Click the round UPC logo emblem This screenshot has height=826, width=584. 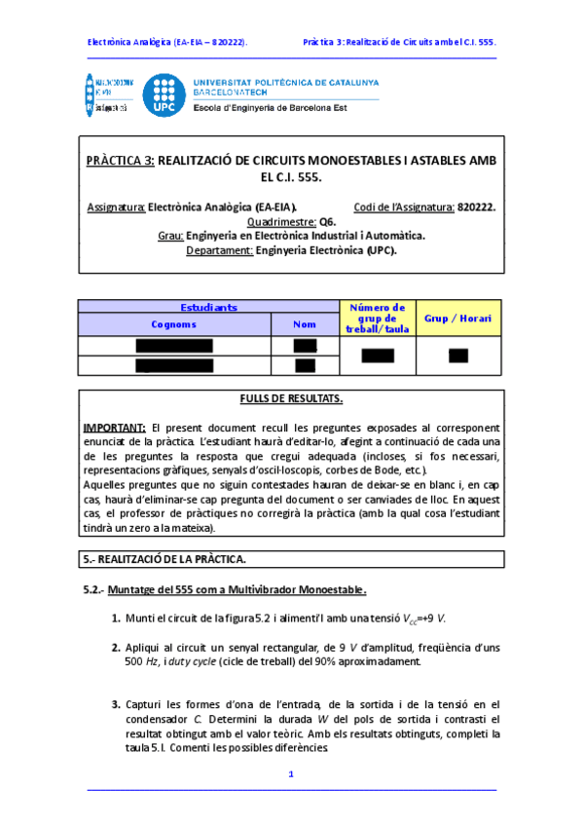(164, 96)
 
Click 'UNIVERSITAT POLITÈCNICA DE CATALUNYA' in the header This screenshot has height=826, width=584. (286, 83)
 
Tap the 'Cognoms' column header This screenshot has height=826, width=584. (174, 324)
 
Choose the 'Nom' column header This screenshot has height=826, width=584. (305, 324)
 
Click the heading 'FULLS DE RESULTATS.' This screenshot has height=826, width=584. (291, 399)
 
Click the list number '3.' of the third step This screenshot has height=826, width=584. (116, 703)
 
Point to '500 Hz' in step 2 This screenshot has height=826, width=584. (141, 662)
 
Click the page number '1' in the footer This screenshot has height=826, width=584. (290, 773)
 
